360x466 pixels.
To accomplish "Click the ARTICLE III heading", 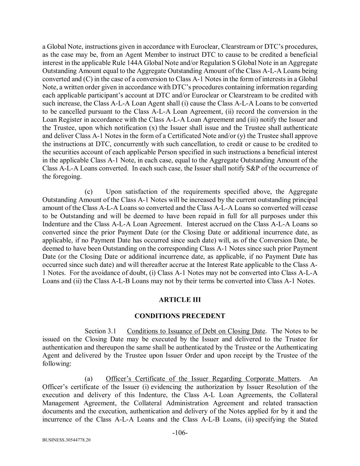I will [x=179, y=300].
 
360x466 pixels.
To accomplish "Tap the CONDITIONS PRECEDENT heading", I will [x=179, y=316].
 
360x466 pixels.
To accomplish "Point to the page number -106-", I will [x=180, y=433].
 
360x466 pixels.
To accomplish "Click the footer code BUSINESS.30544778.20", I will [x=67, y=440].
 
